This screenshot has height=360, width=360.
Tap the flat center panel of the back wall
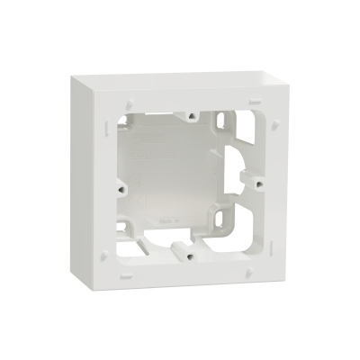coord(184,180)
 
